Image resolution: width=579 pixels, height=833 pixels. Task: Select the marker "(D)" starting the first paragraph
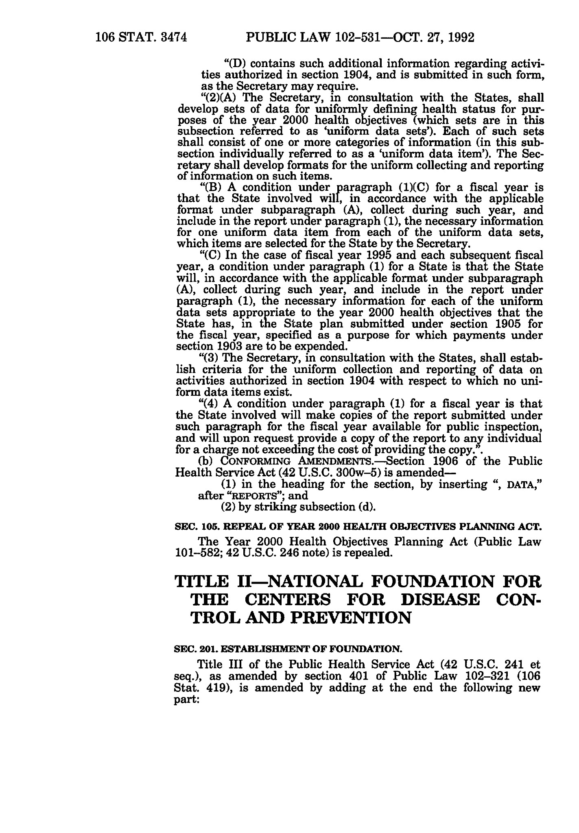234,64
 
